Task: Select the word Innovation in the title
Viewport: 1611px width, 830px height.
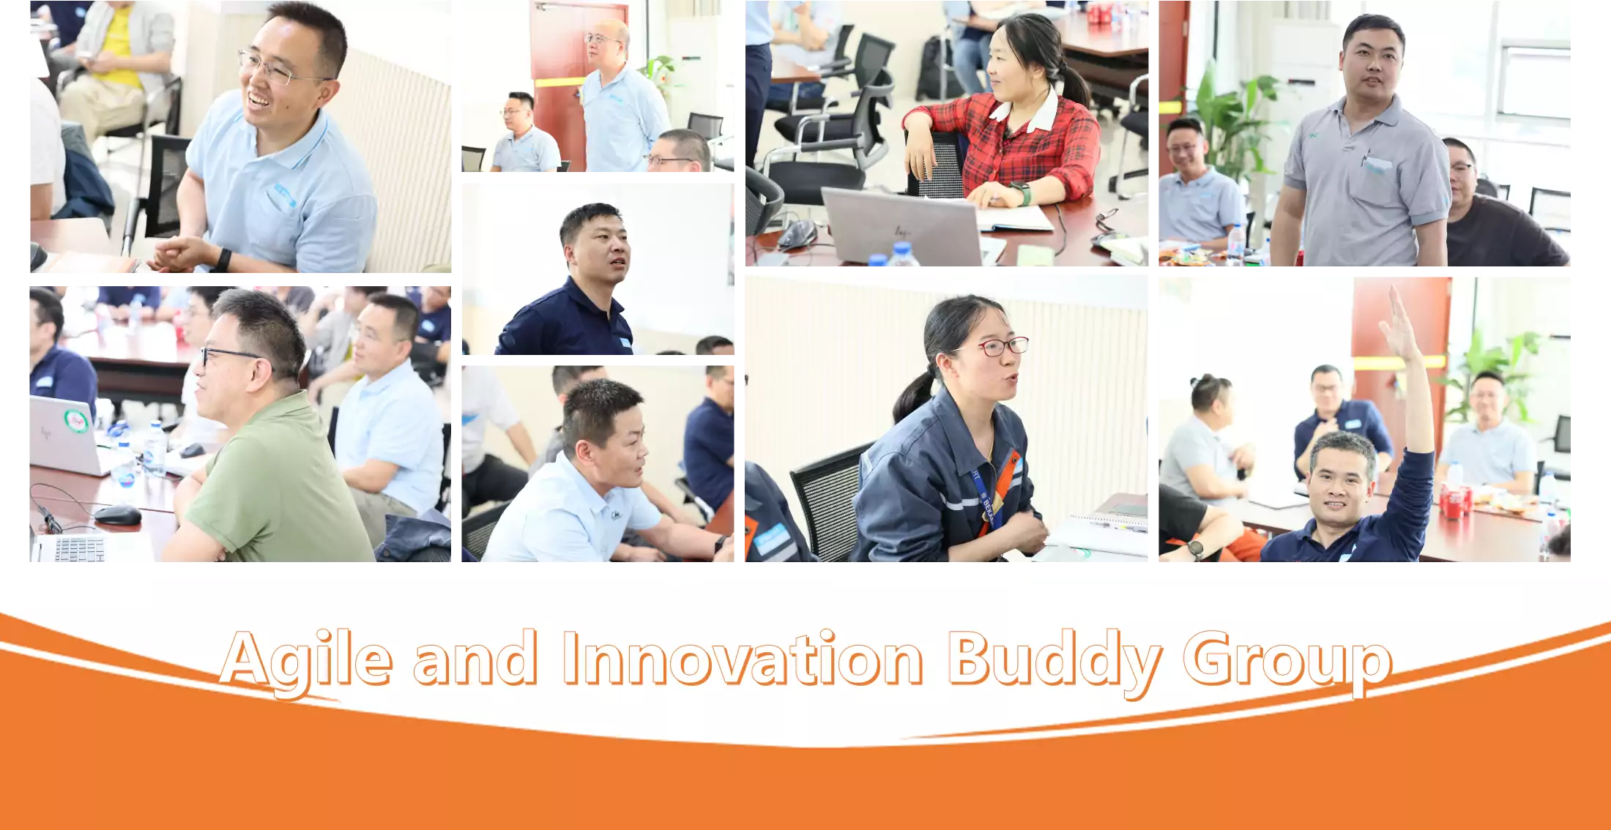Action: pos(743,658)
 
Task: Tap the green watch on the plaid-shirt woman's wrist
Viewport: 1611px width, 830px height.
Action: pos(1023,193)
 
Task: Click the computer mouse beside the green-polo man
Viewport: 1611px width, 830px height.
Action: pos(117,515)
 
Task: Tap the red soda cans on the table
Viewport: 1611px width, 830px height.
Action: pos(1454,501)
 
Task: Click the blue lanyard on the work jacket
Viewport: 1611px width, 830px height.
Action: pos(986,495)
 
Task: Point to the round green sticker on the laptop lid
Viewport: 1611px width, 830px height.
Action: pos(75,421)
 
